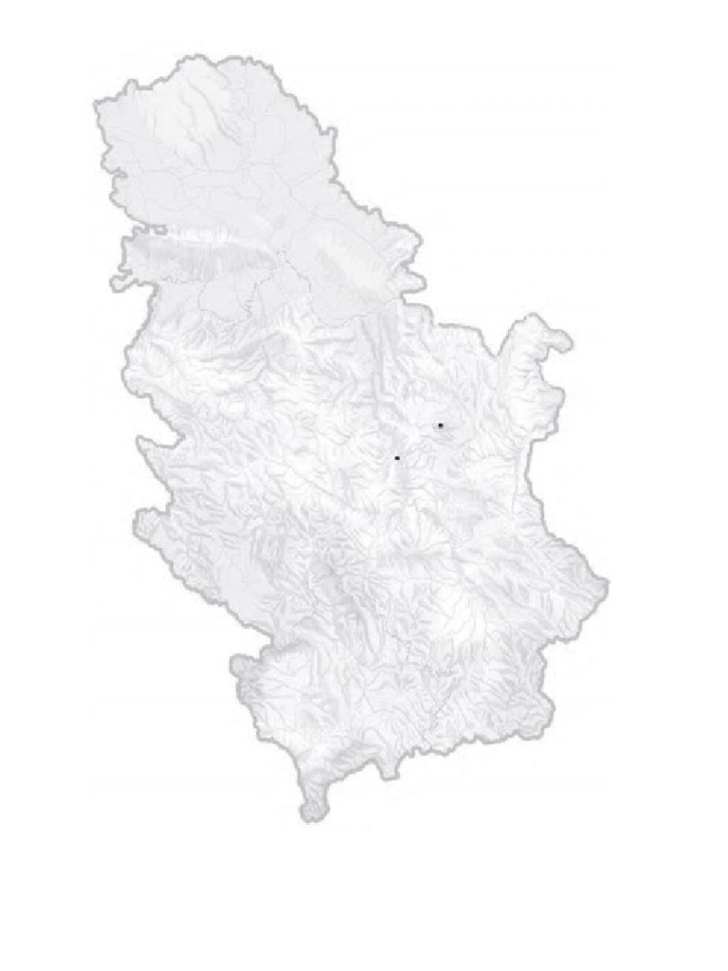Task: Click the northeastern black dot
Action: tap(441, 426)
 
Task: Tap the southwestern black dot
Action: tap(397, 458)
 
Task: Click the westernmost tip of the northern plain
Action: tap(97, 104)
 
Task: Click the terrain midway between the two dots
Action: tap(419, 442)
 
